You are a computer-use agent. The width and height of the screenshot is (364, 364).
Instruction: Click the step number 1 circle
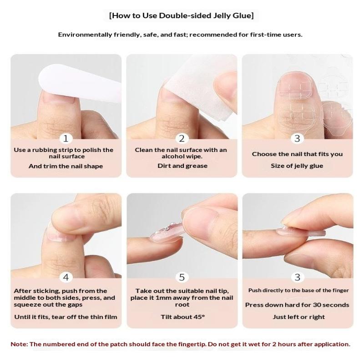[x=66, y=139]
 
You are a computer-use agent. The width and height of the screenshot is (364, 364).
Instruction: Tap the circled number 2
[x=182, y=139]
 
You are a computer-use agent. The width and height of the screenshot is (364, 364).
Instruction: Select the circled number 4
[x=66, y=277]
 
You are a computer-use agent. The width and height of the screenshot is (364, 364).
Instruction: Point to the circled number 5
[x=182, y=277]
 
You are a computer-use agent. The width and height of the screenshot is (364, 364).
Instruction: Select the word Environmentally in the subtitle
[x=85, y=35]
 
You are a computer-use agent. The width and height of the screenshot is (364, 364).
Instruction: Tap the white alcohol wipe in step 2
[x=200, y=88]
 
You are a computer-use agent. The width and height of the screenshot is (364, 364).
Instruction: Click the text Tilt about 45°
[x=183, y=317]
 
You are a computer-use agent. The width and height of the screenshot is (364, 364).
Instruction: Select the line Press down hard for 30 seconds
[x=297, y=305]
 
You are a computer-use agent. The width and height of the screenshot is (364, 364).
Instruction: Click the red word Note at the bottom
[x=19, y=344]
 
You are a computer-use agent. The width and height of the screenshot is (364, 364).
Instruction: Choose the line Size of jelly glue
[x=297, y=166]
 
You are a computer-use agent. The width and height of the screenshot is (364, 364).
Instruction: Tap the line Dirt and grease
[x=182, y=166]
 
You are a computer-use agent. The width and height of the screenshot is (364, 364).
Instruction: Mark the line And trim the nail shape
[x=66, y=166]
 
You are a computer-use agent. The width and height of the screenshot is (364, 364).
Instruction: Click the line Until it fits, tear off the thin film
[x=66, y=317]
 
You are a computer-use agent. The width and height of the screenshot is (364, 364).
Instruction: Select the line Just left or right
[x=299, y=317]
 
